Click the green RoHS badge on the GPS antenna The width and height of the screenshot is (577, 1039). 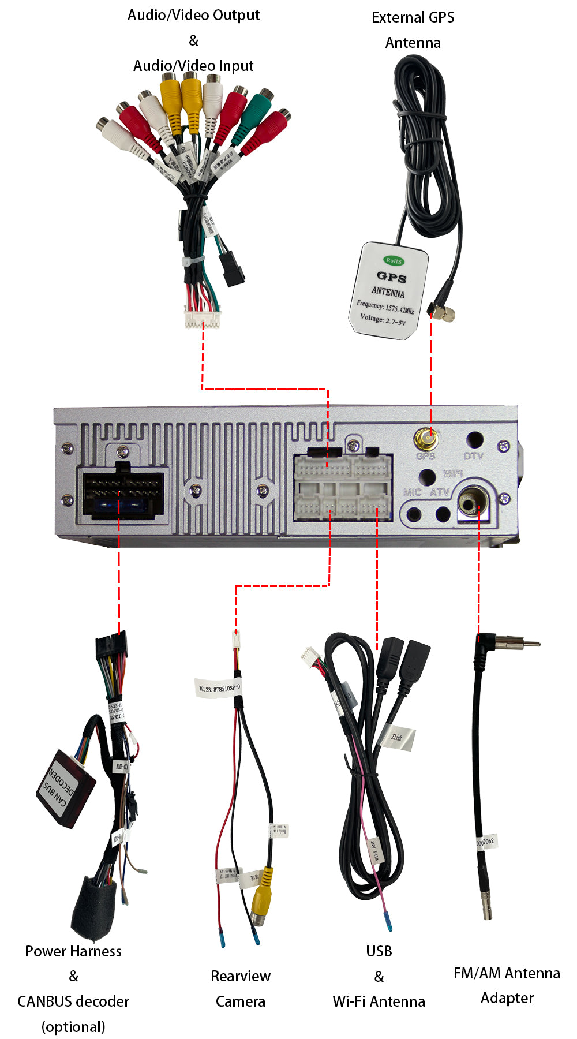point(394,260)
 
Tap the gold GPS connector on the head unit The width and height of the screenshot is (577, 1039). point(426,440)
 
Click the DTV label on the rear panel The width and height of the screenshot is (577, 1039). point(473,455)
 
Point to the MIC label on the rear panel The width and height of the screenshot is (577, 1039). point(412,492)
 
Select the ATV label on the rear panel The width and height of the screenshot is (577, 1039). point(439,492)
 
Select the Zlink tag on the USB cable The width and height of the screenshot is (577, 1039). point(398,737)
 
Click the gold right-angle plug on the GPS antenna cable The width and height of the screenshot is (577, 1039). point(443,312)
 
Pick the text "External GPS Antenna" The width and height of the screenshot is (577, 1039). point(413,30)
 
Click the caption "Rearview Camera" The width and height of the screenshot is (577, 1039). point(240,988)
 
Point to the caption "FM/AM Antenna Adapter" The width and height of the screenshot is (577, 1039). point(507,985)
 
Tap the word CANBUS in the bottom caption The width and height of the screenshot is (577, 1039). point(46,1001)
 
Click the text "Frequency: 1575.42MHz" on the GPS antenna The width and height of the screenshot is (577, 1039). point(385,307)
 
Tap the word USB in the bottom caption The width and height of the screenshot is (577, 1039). point(379,951)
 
